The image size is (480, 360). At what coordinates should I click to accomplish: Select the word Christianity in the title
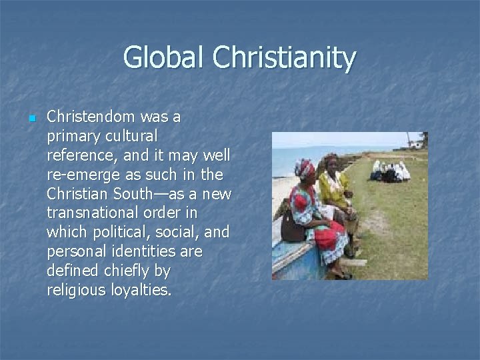pos(285,59)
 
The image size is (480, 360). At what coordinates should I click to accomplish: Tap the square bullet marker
pos(31,118)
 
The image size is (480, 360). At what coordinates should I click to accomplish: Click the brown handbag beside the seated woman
pos(293,229)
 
